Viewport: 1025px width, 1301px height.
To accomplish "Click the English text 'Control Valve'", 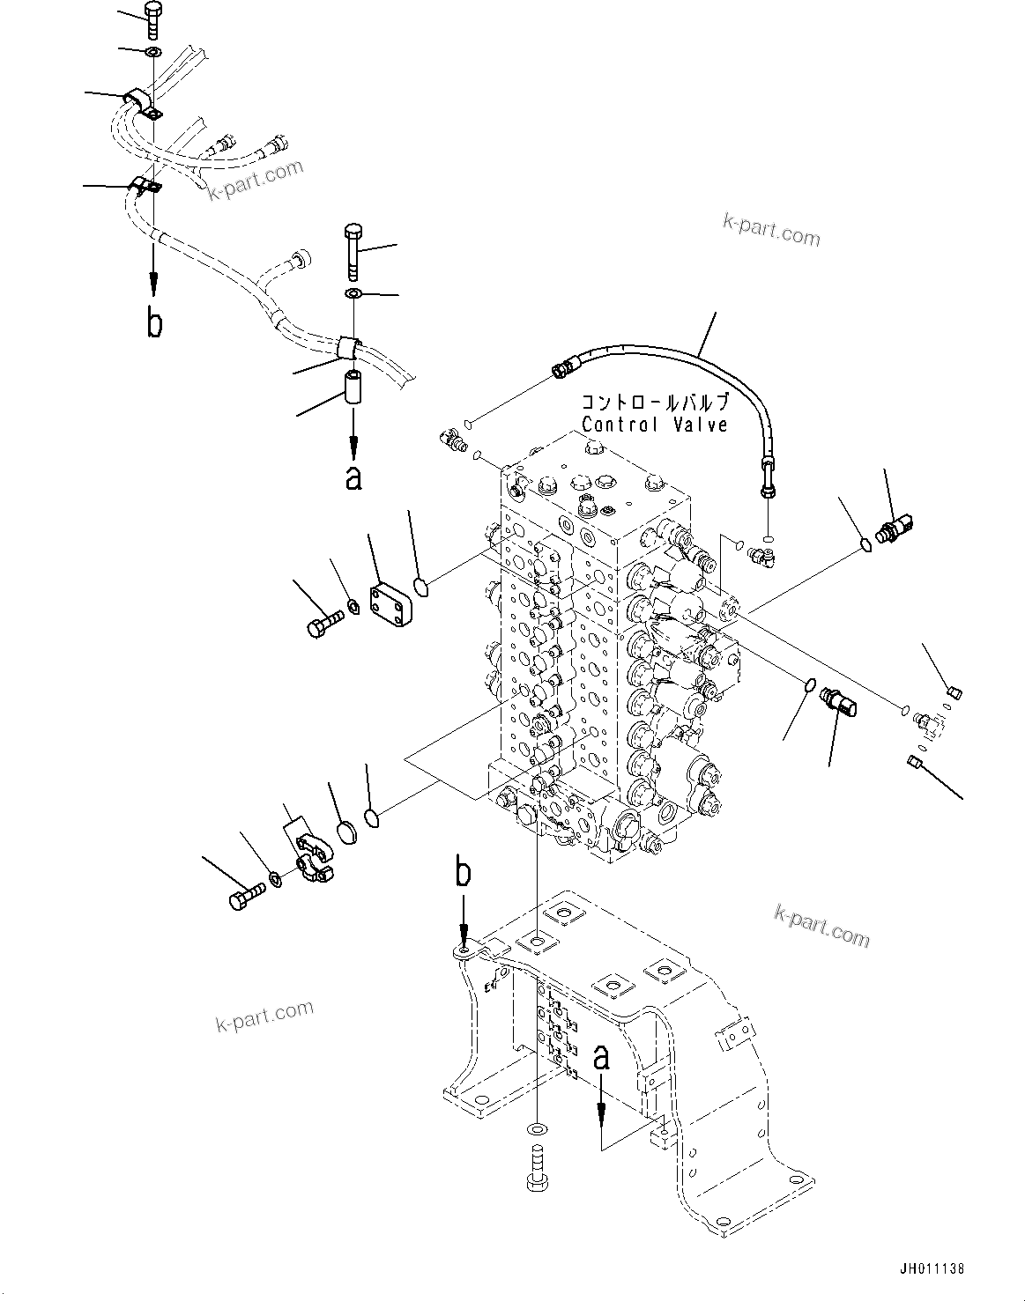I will click(x=655, y=425).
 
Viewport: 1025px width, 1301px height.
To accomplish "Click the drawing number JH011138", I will click(x=932, y=1269).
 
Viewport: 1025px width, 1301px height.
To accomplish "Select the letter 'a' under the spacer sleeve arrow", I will click(x=353, y=477).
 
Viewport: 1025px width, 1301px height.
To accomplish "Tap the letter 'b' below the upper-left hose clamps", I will click(x=154, y=323).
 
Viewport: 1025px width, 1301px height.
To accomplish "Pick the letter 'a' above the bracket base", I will click(x=602, y=1057).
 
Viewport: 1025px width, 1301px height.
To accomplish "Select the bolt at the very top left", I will click(x=153, y=18).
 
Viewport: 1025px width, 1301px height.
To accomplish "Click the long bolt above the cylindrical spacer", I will click(x=352, y=247).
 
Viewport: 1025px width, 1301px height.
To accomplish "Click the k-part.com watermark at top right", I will click(x=771, y=232).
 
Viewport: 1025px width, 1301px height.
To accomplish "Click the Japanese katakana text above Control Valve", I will click(x=655, y=403).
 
